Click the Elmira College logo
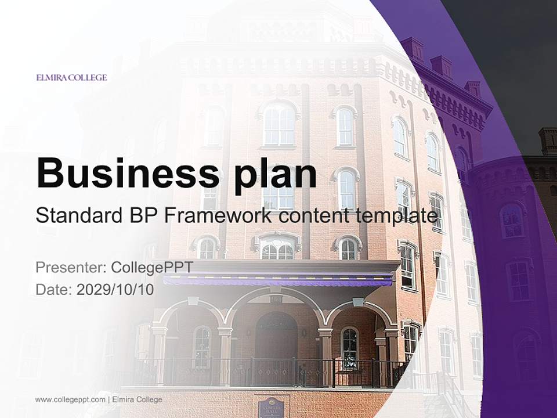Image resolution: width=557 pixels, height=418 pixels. tap(71, 77)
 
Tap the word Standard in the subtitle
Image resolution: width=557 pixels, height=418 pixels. tap(77, 216)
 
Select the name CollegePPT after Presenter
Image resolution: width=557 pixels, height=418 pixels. tap(151, 267)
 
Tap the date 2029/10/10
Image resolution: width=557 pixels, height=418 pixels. tap(115, 290)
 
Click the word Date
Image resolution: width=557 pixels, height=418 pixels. tap(53, 290)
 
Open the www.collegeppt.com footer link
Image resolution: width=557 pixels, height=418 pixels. tap(70, 399)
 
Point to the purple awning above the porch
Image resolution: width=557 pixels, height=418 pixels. tap(278, 281)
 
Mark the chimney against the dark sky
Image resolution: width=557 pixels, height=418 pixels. tap(547, 141)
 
